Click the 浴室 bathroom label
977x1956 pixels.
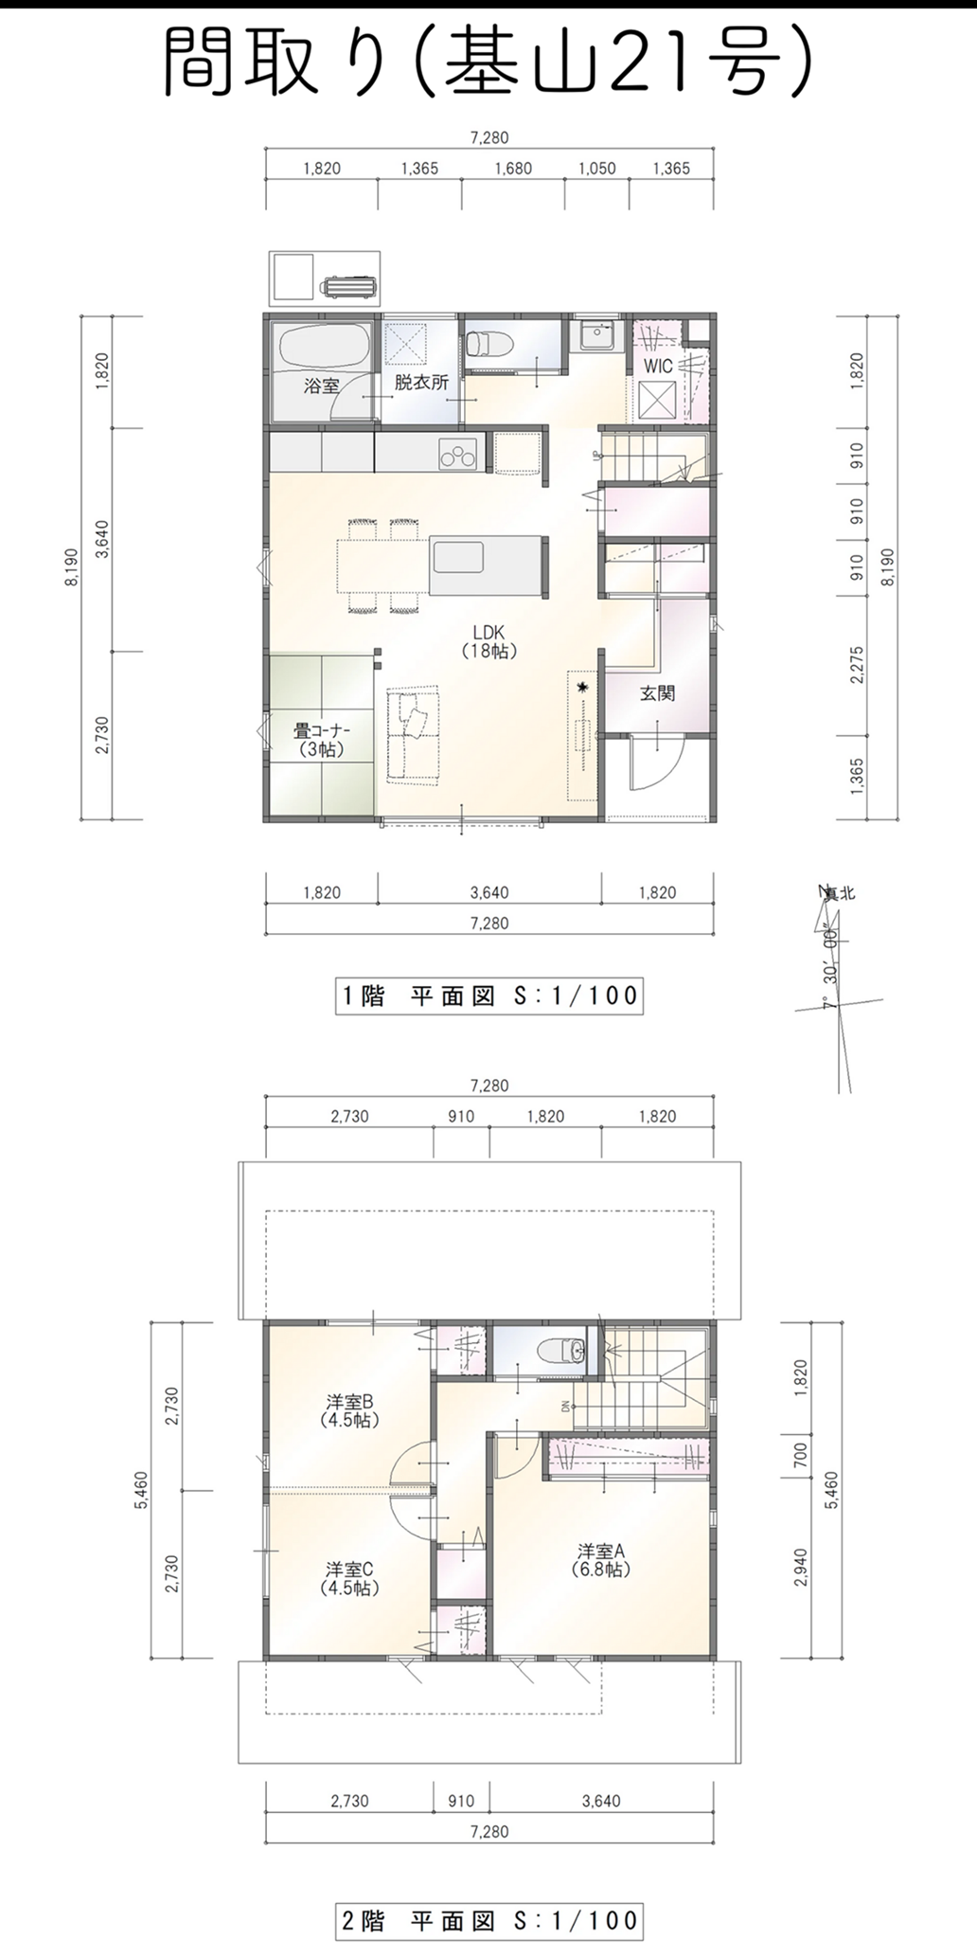[321, 386]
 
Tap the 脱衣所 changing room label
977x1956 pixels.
[421, 384]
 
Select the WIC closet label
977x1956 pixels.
[658, 366]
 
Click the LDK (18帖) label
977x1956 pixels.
[488, 641]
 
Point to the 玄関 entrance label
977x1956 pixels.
[657, 693]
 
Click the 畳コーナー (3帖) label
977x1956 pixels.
[322, 740]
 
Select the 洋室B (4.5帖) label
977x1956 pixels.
[349, 1410]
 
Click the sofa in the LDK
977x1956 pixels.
[414, 734]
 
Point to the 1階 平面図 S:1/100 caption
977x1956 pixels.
[489, 996]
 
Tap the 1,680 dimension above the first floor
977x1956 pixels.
[513, 169]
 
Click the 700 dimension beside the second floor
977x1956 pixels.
[801, 1450]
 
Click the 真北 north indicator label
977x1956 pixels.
[837, 891]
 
